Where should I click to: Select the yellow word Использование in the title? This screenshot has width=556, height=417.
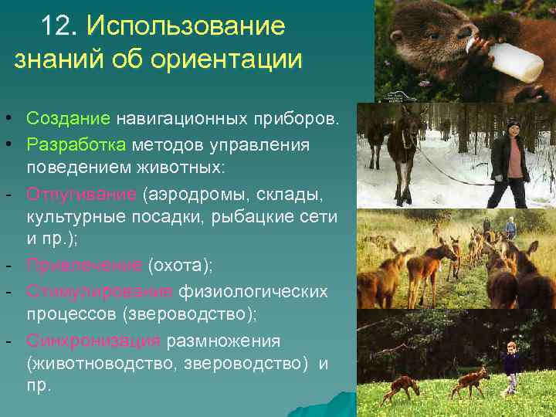tap(186, 26)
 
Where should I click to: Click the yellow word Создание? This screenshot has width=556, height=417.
tap(69, 119)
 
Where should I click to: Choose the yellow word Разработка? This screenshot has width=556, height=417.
tap(76, 144)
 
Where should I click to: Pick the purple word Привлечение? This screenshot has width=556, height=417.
tap(83, 266)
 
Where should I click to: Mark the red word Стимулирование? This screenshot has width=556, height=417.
tap(100, 291)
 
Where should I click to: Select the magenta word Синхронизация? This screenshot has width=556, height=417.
tap(93, 341)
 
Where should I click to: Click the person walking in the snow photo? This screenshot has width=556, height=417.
tap(510, 162)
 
